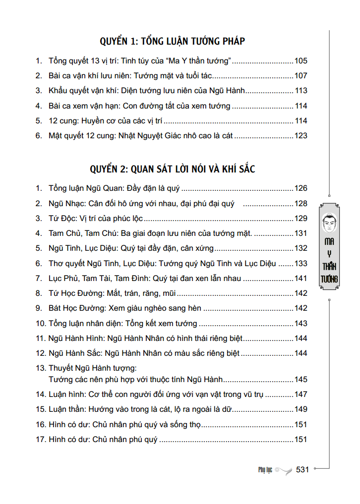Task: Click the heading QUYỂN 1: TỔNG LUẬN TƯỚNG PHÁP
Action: pos(172,41)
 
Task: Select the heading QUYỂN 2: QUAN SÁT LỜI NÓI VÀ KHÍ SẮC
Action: pos(172,168)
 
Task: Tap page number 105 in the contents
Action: pos(301,61)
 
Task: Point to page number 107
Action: pos(301,76)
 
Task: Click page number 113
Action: pos(301,91)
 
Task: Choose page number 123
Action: pos(301,135)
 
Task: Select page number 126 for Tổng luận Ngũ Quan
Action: pos(301,188)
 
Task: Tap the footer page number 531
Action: pos(302,469)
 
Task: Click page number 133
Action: pos(301,264)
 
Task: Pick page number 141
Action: pos(301,279)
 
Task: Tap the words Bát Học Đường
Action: pos(75,308)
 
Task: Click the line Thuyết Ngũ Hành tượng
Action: pos(92,368)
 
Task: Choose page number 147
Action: pos(301,394)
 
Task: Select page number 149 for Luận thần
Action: pos(301,409)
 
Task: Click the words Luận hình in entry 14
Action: pos(66,394)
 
